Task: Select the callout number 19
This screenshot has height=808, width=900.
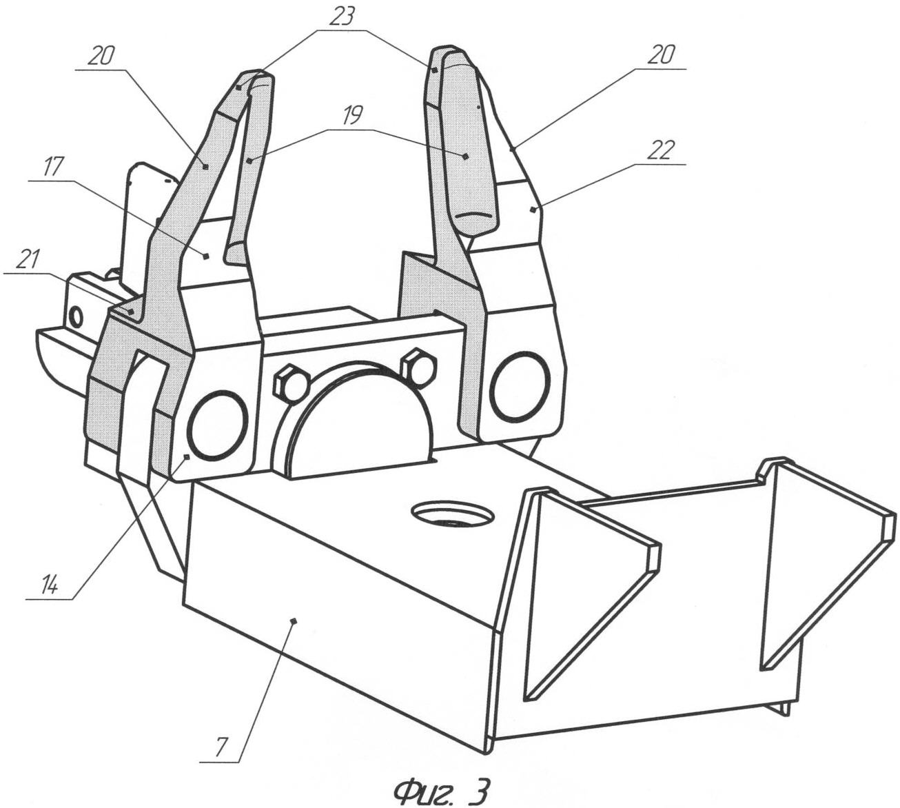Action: click(351, 116)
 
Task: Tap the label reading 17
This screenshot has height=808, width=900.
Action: click(53, 168)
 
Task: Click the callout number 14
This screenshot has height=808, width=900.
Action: click(49, 587)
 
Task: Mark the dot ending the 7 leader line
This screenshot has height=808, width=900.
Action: click(294, 621)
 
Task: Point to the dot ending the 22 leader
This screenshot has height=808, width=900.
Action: click(532, 208)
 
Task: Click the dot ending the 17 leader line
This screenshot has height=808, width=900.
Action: click(206, 255)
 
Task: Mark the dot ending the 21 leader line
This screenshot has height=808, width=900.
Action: click(130, 311)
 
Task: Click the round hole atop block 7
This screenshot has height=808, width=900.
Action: click(453, 514)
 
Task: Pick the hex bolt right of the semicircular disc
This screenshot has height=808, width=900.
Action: click(418, 366)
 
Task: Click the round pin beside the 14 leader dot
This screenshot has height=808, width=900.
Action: click(217, 424)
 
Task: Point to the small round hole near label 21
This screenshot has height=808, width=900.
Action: click(76, 317)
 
